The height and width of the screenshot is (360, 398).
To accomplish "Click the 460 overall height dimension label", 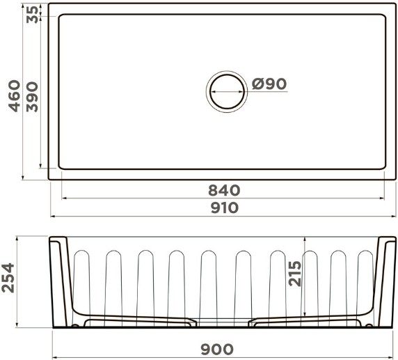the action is click(14, 96).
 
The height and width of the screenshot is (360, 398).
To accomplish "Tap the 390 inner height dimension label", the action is click(32, 97).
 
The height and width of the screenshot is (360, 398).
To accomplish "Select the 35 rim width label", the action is click(33, 15).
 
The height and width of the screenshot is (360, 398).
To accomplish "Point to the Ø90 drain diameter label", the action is click(269, 84).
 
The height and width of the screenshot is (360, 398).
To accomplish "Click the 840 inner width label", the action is click(224, 190).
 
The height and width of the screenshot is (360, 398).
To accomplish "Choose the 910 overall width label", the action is click(225, 208).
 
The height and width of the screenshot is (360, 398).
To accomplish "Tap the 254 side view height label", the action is click(8, 278).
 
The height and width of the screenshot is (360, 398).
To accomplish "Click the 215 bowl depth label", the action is click(295, 274).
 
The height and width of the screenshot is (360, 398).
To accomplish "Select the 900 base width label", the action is click(217, 350).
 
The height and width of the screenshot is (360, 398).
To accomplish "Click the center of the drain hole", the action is click(227, 92).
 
